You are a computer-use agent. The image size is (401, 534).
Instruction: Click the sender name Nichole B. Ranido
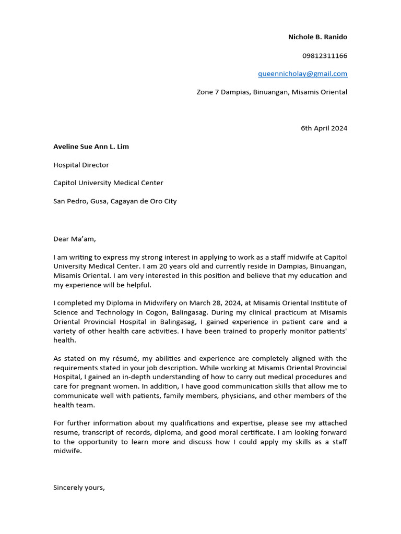[x=317, y=37]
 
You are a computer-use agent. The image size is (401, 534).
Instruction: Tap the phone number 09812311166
[x=324, y=55]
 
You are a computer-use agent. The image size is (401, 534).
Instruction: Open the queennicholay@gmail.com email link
[x=302, y=74]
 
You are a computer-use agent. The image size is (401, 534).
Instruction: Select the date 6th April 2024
[x=324, y=128]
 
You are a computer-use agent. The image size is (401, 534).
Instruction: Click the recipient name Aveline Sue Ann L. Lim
[x=91, y=147]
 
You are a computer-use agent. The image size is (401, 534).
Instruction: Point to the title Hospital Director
[x=81, y=165]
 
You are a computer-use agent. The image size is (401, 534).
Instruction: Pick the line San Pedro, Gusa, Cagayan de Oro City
[x=115, y=201]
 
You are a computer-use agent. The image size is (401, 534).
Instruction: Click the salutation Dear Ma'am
[x=75, y=239]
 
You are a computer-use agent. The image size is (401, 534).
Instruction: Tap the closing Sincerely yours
[x=79, y=488]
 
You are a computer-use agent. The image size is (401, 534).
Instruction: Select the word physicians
[x=240, y=396]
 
